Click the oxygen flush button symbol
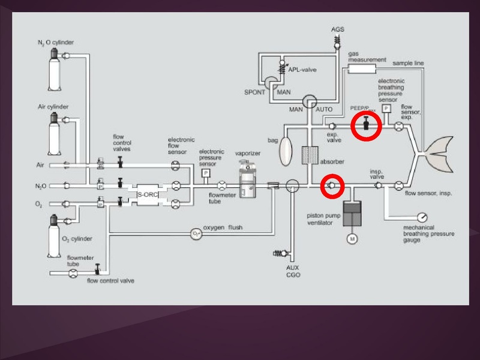click(x=196, y=232)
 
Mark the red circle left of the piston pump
click(x=331, y=186)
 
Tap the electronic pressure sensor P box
click(x=206, y=173)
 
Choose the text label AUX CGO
click(x=293, y=271)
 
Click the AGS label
click(x=338, y=29)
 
